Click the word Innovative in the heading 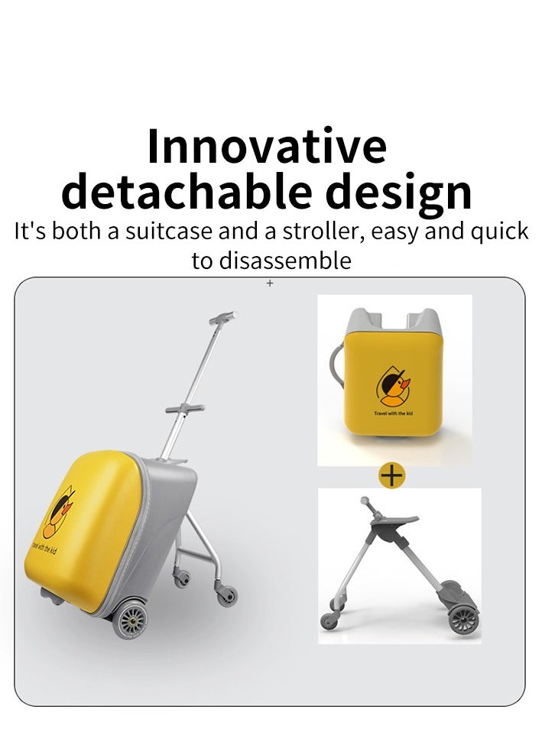(x=267, y=146)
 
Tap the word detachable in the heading (x=187, y=191)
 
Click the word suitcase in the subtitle (x=168, y=232)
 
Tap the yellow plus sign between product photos (x=392, y=475)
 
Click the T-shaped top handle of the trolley (x=223, y=318)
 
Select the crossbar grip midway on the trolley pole (x=185, y=409)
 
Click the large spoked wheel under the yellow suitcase (x=130, y=619)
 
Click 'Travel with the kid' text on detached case (x=393, y=413)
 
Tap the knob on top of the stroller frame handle (x=365, y=501)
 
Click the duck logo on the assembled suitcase (x=58, y=512)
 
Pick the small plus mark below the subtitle (x=270, y=283)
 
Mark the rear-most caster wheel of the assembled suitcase (x=227, y=596)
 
